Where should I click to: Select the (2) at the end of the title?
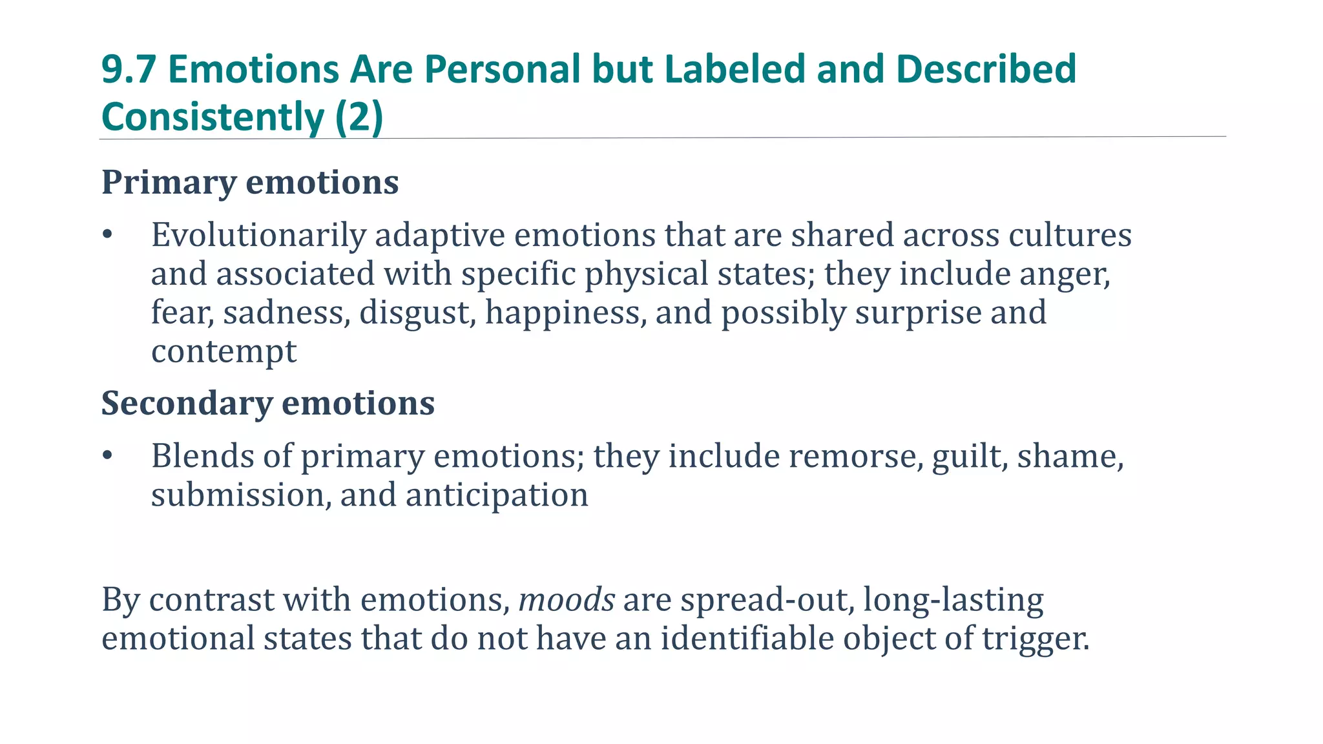(x=359, y=118)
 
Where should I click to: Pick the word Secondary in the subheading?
(x=187, y=404)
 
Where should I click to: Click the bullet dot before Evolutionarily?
(x=108, y=235)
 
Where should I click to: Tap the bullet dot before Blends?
(x=108, y=456)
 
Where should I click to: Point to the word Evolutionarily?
(x=258, y=235)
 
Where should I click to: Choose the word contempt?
(x=224, y=352)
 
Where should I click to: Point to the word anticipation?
(x=497, y=495)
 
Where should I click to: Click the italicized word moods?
(x=567, y=600)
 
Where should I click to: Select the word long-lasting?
(x=953, y=600)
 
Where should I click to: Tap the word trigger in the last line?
(x=1036, y=639)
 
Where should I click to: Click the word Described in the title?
(x=986, y=69)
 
